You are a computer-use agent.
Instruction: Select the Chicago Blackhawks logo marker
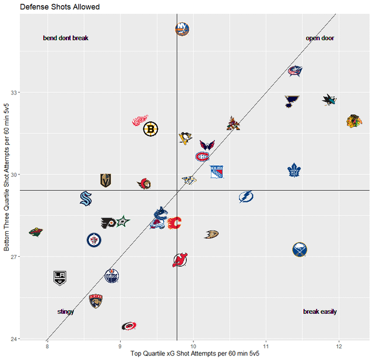click(352, 121)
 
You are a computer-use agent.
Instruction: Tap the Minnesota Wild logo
click(36, 232)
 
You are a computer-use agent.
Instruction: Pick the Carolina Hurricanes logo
click(129, 326)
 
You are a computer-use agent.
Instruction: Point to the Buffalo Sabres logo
click(300, 250)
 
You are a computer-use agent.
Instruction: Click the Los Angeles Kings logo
click(61, 278)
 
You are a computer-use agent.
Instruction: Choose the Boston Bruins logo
click(151, 129)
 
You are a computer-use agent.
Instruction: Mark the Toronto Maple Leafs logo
click(295, 170)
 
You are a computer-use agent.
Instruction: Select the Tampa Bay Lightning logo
click(246, 197)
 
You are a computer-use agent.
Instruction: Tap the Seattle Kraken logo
click(86, 198)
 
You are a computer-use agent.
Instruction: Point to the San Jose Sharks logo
click(329, 100)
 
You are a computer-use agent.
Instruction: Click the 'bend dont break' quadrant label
click(65, 38)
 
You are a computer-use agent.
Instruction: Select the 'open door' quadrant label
click(320, 38)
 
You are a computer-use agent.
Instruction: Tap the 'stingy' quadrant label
click(65, 312)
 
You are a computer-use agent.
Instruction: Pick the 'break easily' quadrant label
click(320, 312)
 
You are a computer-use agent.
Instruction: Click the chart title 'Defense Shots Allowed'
click(60, 7)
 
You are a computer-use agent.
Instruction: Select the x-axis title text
click(195, 354)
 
